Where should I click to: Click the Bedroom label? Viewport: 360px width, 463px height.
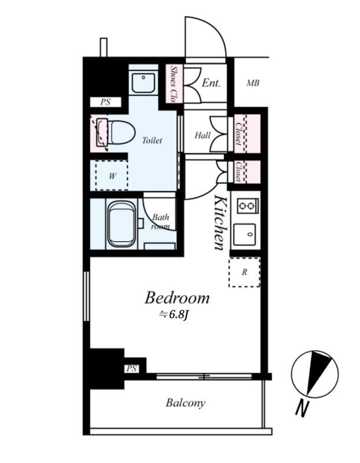(177, 297)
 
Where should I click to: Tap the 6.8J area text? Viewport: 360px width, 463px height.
(174, 315)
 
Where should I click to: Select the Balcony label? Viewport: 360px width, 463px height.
(185, 403)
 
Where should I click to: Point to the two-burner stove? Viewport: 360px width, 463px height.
(248, 205)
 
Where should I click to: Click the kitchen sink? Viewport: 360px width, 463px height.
(244, 235)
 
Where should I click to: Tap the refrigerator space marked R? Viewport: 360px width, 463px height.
(244, 272)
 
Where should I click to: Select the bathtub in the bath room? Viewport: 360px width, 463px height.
(122, 223)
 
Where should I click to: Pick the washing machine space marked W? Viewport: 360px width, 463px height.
(112, 176)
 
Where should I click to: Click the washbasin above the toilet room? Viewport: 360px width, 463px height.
(143, 83)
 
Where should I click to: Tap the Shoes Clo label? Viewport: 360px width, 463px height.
(174, 83)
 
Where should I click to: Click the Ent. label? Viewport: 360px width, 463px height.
(211, 83)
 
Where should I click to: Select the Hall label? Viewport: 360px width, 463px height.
(203, 135)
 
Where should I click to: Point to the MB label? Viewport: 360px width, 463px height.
(253, 83)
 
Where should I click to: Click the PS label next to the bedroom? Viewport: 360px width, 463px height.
(132, 369)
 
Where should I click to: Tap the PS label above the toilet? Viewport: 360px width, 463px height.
(105, 102)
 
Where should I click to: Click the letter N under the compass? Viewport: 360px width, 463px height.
(302, 409)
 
